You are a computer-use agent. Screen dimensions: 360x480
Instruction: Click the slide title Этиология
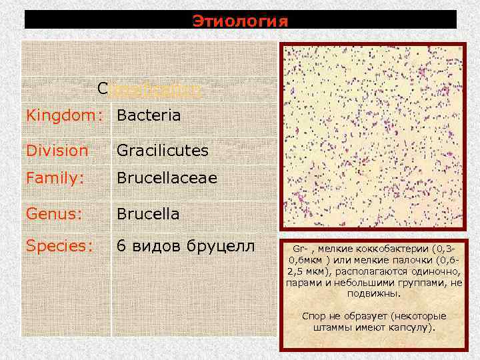point(241,21)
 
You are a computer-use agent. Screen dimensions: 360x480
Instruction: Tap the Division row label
point(57,151)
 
